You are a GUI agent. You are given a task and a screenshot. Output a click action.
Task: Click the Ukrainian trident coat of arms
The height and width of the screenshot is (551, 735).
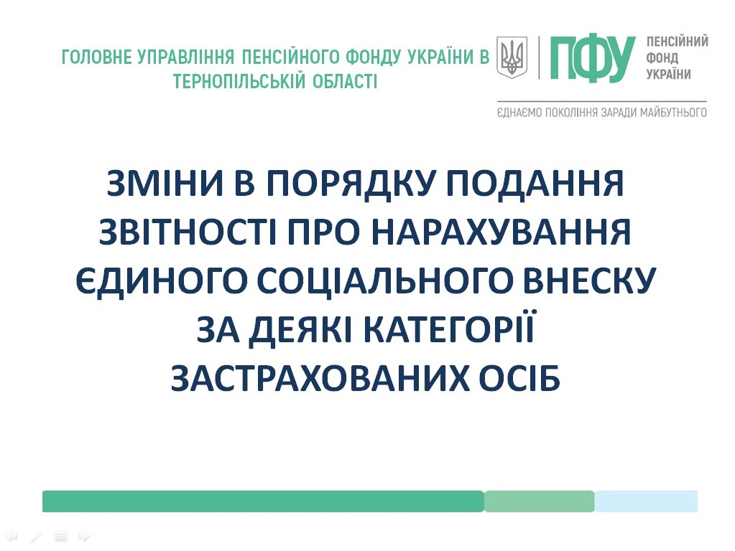(512, 57)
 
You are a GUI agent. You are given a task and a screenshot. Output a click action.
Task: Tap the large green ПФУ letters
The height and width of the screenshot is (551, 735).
(593, 58)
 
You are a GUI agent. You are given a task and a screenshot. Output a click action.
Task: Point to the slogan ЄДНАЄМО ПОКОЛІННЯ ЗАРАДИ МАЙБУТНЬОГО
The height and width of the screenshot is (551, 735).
(602, 113)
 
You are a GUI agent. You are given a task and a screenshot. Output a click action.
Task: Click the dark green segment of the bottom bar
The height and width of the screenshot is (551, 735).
(263, 501)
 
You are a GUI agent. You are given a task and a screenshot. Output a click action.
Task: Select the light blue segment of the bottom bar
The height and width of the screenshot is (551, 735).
(646, 501)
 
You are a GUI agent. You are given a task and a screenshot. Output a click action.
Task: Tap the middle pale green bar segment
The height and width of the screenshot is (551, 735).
(539, 501)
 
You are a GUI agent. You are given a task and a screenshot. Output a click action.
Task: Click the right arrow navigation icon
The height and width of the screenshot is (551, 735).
(84, 536)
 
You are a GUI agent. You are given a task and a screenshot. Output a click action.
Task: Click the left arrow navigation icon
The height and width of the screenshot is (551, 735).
(11, 537)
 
